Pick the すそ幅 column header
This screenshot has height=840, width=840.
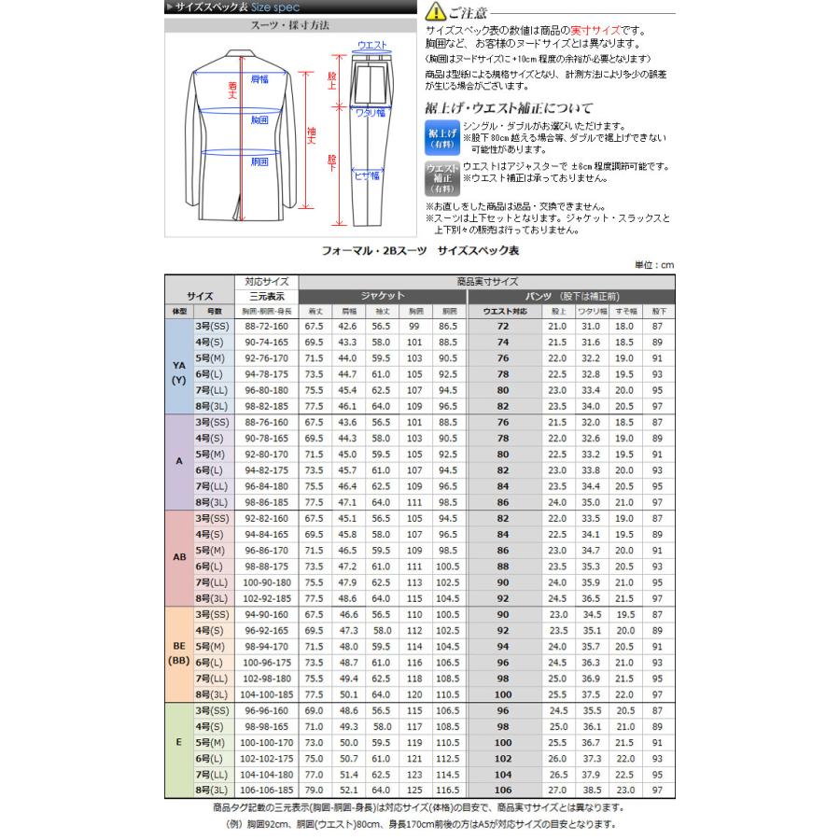623,311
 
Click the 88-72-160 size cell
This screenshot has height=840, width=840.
267,326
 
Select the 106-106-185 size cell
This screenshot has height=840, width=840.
267,791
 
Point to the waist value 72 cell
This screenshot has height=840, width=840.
504,326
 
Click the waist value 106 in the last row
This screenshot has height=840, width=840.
504,791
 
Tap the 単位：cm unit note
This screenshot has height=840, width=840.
653,265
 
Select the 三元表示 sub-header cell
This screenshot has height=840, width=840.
267,296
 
